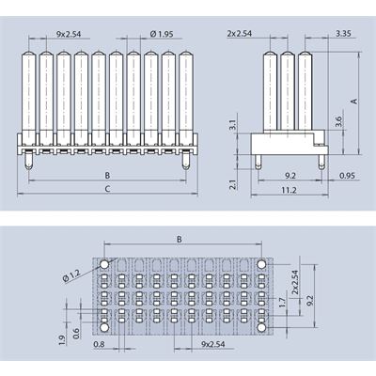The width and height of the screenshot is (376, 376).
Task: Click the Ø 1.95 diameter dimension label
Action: [162, 34]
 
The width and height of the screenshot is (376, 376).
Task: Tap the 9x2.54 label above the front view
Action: [69, 34]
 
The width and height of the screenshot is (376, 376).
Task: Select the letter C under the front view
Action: [107, 189]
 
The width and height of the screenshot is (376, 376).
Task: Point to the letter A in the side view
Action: [354, 102]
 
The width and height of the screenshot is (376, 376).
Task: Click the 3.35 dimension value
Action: [343, 33]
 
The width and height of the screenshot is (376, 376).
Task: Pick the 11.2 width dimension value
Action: [289, 190]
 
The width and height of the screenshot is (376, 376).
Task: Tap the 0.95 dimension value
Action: [347, 176]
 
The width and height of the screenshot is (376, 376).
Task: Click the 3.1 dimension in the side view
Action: [233, 125]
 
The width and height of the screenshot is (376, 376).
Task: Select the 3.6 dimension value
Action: [338, 121]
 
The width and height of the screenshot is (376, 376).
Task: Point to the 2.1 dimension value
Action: [233, 184]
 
